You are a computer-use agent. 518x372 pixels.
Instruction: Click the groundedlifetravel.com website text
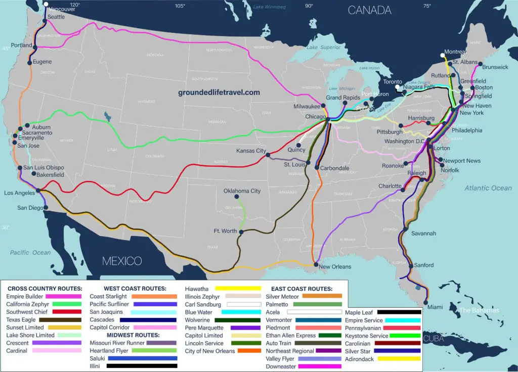(x=219, y=92)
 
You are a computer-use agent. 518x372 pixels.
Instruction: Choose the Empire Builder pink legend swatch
(x=63, y=296)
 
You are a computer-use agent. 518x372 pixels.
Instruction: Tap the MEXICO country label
(x=122, y=261)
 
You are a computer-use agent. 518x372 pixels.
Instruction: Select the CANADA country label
(x=369, y=10)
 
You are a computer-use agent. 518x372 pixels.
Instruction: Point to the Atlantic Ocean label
(x=488, y=188)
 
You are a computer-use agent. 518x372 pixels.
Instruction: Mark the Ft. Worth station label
(x=226, y=231)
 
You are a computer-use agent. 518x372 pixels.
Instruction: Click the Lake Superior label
(x=321, y=48)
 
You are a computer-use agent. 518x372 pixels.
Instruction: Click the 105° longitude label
(x=180, y=6)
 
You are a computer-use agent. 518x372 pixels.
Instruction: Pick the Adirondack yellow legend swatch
(x=403, y=358)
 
